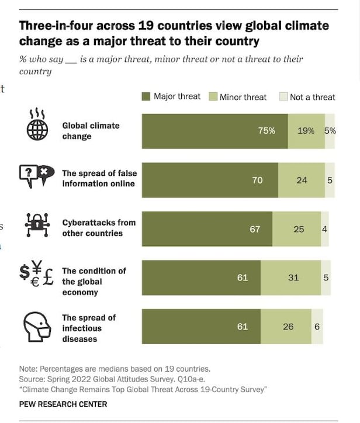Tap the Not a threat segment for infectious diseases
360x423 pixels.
click(317, 327)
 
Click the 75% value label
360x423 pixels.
click(266, 131)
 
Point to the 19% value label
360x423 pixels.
click(306, 131)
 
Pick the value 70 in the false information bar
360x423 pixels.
click(257, 181)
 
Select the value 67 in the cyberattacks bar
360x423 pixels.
click(255, 229)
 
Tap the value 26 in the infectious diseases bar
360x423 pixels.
click(288, 327)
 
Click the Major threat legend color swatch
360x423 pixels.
click(146, 96)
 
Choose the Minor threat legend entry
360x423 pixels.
click(238, 97)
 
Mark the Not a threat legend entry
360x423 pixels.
click(307, 97)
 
